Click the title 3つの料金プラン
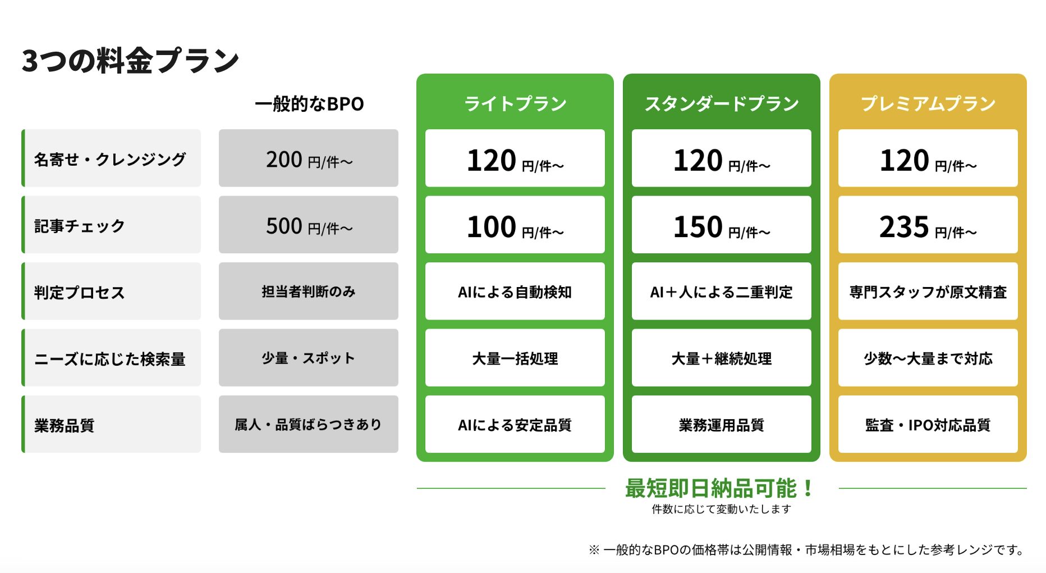pos(130,61)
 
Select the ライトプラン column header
pos(515,104)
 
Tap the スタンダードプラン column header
pos(722,104)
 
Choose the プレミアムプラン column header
pos(928,104)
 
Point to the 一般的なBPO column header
pos(309,104)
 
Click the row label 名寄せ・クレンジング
pos(111,159)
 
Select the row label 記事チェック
pos(80,225)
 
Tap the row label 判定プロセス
pos(80,292)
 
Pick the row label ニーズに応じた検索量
pos(110,358)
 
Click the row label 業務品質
pos(65,425)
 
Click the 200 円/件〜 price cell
pos(309,159)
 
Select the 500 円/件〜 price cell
pos(309,225)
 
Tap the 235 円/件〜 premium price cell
pos(928,225)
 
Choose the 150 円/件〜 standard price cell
pos(722,225)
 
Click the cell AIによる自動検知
pos(515,292)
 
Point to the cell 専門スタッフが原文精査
pos(928,292)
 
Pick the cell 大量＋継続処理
pos(722,358)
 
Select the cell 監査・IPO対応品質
pos(928,425)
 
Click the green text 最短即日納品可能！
pos(719,489)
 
